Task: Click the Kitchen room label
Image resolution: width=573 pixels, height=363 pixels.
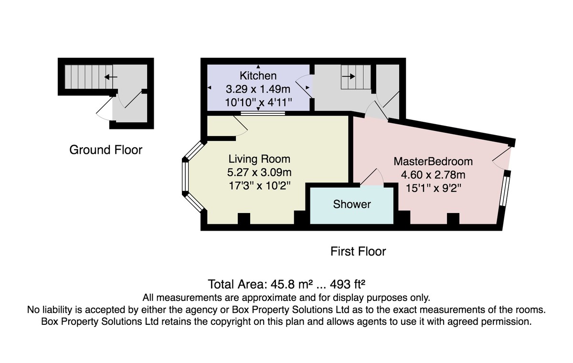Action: (x=258, y=76)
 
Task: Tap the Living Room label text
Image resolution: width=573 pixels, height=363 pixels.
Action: (x=259, y=159)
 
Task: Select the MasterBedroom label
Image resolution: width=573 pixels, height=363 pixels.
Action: (x=433, y=161)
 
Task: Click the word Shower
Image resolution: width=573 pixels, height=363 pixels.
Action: (x=352, y=204)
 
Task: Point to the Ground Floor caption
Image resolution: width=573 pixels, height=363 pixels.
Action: (x=106, y=150)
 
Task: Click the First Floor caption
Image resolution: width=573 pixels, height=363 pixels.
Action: (x=358, y=251)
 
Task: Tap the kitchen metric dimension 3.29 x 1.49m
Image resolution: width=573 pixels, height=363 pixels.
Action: (x=258, y=89)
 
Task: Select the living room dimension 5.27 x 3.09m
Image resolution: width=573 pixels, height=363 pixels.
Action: (x=259, y=172)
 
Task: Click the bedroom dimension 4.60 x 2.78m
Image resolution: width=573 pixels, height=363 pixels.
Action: (x=433, y=175)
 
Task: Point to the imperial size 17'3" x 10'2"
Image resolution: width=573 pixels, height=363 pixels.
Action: (x=259, y=186)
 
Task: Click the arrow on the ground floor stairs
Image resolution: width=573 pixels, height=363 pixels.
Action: (x=111, y=77)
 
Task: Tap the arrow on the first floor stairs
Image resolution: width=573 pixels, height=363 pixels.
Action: (x=349, y=76)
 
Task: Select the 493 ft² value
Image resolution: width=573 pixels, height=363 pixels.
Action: (x=348, y=284)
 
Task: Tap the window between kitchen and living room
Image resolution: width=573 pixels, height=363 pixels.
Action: (x=263, y=113)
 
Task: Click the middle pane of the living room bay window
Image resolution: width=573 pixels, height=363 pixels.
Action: (x=185, y=177)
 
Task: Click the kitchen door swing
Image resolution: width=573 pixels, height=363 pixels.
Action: (x=303, y=85)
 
